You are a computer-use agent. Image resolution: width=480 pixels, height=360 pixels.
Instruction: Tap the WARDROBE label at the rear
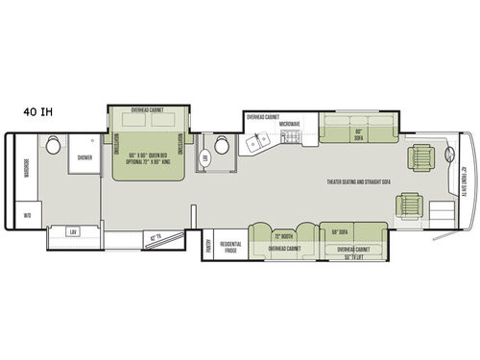[26, 175]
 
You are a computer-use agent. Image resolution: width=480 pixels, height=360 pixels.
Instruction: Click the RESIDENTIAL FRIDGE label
[230, 246]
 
